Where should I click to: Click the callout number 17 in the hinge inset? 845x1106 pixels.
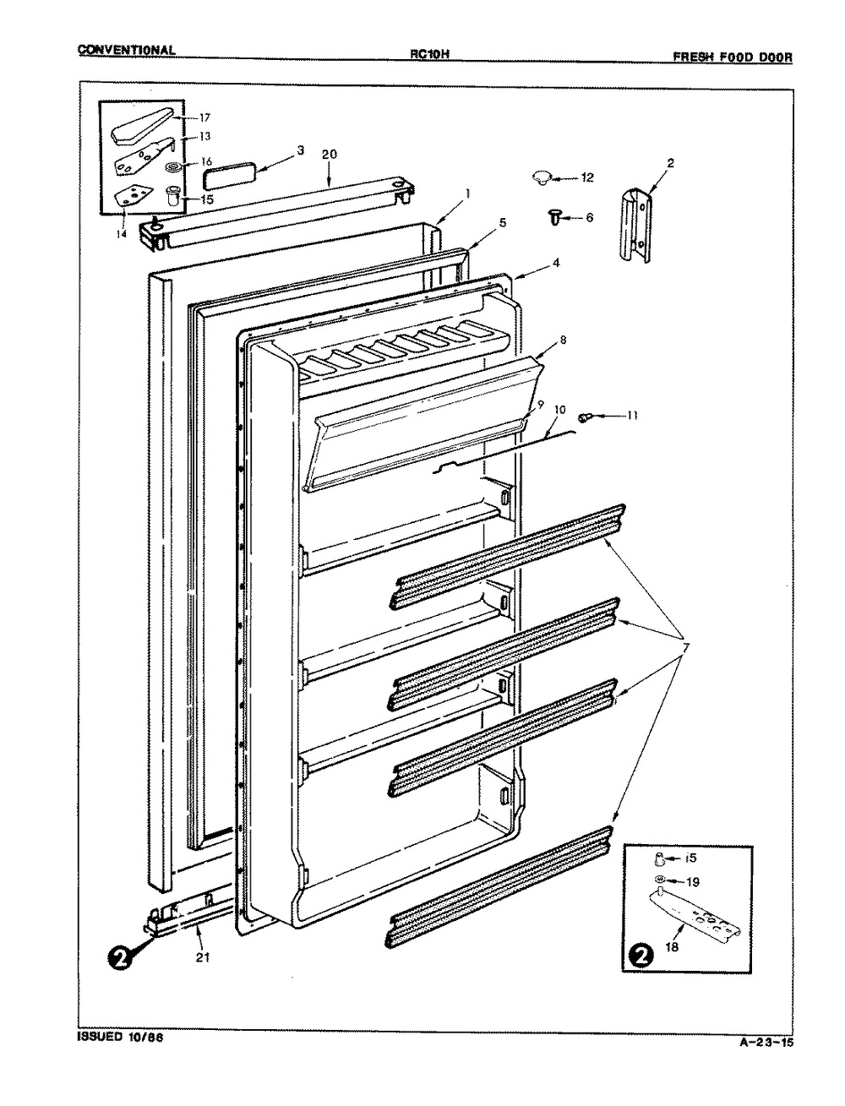click(204, 117)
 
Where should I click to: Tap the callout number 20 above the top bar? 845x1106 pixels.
click(330, 155)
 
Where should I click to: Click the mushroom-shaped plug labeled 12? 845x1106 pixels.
click(542, 177)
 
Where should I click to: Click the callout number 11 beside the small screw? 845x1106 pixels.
click(633, 415)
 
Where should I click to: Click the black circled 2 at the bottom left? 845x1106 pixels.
click(122, 960)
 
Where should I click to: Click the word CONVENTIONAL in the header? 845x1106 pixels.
click(127, 50)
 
